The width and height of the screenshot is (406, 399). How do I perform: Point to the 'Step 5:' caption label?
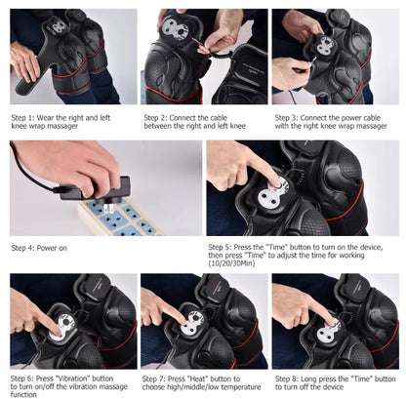223,248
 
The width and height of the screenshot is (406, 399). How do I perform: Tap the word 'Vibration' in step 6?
74,377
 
